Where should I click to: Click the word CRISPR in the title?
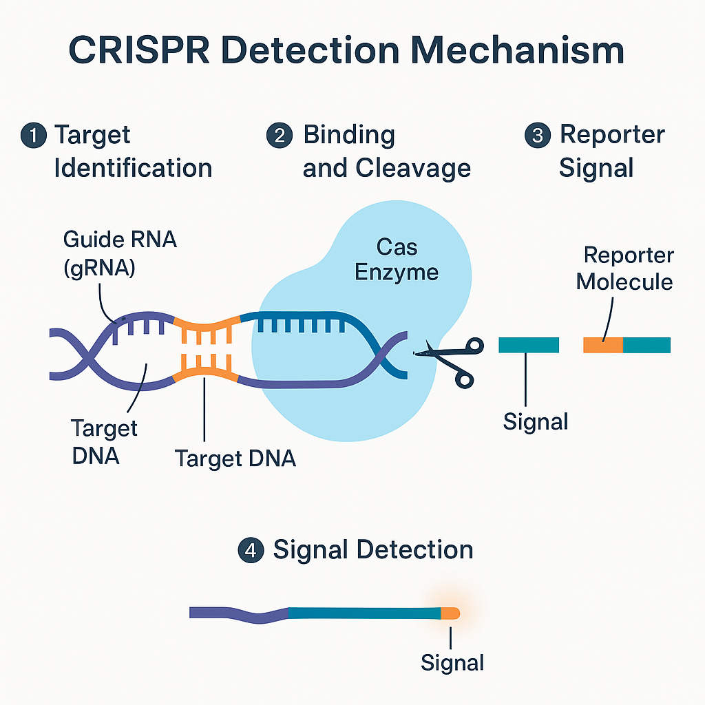139,50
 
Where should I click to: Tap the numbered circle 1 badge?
34,136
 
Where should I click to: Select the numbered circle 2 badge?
280,136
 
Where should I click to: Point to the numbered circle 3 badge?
537,136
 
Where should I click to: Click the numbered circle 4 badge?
251,550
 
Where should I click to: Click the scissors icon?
450,361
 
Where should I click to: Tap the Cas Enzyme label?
397,260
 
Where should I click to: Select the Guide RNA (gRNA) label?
120,253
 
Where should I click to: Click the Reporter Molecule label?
624,269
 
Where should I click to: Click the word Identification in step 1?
133,168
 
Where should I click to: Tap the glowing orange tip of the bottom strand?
450,613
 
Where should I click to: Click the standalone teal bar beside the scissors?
529,345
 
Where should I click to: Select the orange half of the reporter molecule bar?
603,345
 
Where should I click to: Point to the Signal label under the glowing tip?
452,663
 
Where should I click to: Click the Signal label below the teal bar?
536,422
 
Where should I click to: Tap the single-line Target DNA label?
235,459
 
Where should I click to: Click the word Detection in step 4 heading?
414,550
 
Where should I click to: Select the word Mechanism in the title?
517,50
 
